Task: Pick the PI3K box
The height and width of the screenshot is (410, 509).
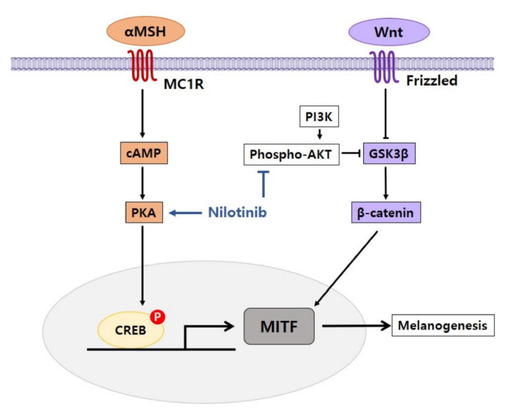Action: pyautogui.click(x=318, y=116)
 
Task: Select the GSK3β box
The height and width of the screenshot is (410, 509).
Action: pyautogui.click(x=387, y=154)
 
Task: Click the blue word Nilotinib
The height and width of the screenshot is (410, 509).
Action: pyautogui.click(x=237, y=213)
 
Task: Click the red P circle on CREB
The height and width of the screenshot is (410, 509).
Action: pyautogui.click(x=157, y=317)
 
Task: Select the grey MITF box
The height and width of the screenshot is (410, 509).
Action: pyautogui.click(x=279, y=325)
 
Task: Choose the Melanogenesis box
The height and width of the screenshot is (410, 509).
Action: pyautogui.click(x=443, y=325)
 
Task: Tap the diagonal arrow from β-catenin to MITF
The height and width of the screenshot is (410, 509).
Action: pyautogui.click(x=346, y=268)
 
